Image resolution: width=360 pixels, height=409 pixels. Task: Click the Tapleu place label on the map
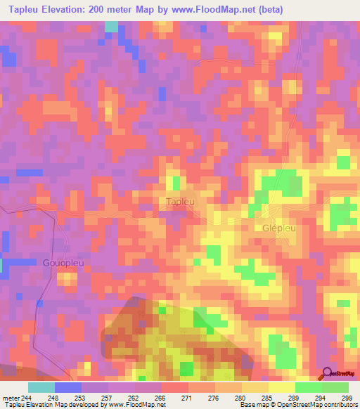(x=180, y=202)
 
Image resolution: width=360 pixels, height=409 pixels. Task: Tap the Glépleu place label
(x=276, y=228)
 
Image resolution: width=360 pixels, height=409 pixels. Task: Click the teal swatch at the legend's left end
(x=41, y=387)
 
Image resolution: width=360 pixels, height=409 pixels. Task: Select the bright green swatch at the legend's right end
(x=335, y=387)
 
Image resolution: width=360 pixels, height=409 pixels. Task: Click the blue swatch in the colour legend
(x=68, y=387)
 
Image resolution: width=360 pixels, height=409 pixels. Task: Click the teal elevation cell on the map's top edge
(x=111, y=26)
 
